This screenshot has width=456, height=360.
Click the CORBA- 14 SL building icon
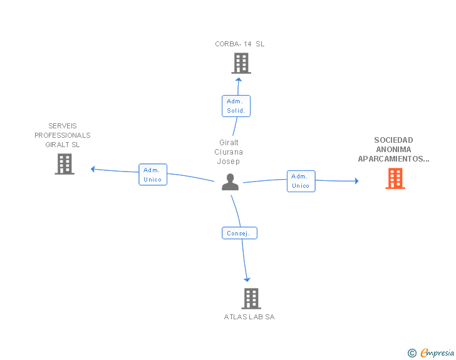241,63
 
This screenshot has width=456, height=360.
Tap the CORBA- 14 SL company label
240,44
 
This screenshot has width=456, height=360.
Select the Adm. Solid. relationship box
236,106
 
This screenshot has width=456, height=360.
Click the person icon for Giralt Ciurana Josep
231,182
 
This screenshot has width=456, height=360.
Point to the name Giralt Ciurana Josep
229,152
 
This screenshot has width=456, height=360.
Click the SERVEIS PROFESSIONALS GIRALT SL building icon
65,164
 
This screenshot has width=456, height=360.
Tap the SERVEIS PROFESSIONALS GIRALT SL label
63,135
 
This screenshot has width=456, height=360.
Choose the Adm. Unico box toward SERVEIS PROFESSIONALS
152,175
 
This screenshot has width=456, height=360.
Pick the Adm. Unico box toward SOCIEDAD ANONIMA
301,181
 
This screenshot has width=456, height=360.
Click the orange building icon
395,178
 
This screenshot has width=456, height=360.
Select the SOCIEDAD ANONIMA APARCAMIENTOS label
394,150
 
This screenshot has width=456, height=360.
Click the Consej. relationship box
239,233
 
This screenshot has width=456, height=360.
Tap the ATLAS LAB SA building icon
251,299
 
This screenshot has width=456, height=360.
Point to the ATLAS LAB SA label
249,317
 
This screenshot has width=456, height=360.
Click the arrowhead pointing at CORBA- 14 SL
238,80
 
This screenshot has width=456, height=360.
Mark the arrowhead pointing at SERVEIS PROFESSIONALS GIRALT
93,169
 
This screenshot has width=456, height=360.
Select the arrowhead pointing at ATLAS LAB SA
247,279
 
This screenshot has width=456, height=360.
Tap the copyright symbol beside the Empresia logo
412,353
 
